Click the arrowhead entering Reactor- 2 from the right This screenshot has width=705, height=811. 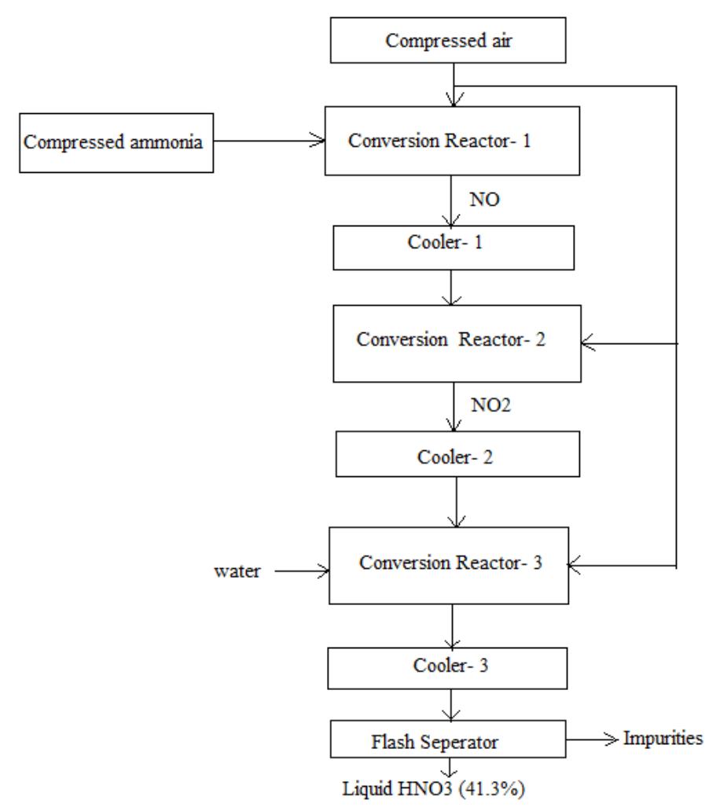pyautogui.click(x=586, y=342)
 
